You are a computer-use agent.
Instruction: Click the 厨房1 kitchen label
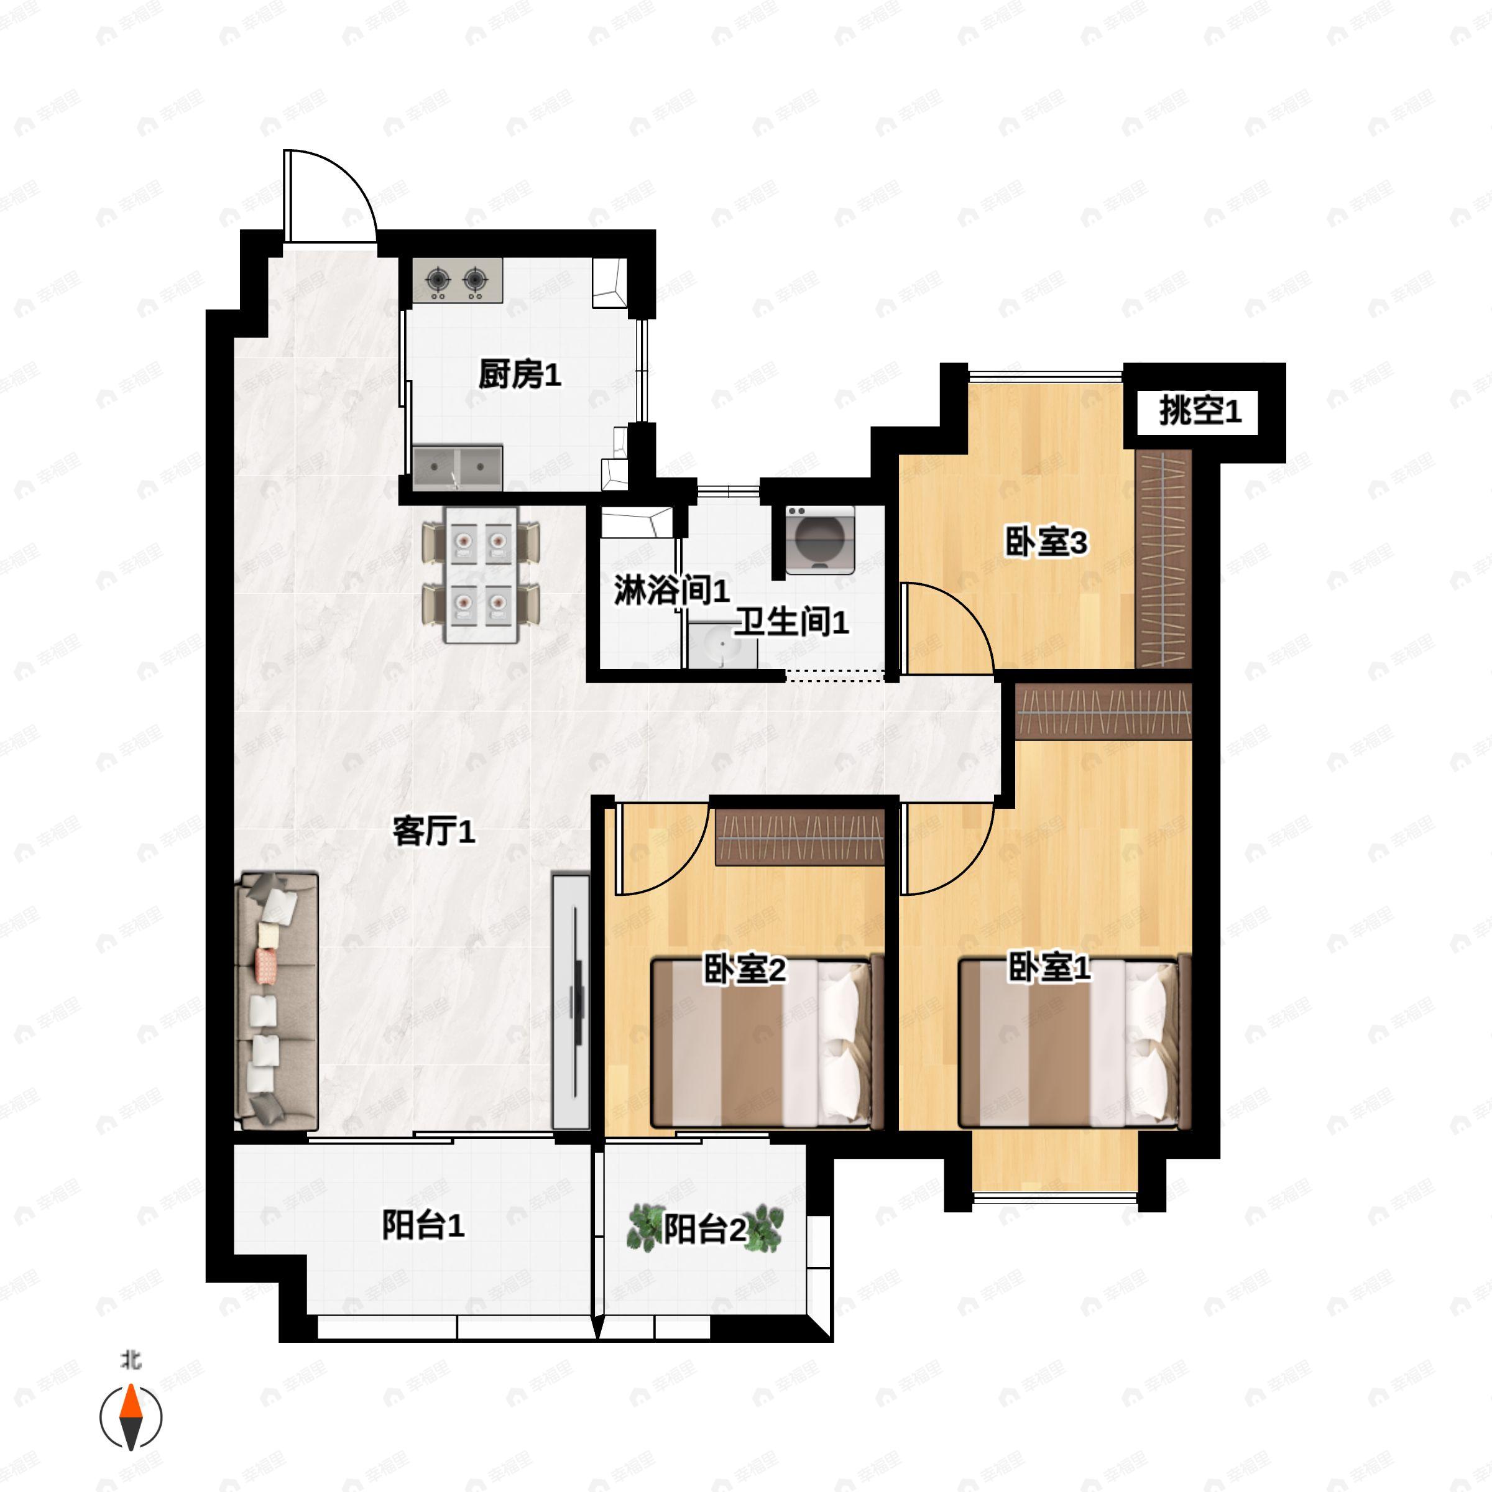(519, 375)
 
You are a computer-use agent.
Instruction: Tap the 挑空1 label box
(1200, 411)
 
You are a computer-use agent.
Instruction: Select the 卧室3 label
(1046, 542)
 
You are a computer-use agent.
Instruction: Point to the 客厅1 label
(434, 832)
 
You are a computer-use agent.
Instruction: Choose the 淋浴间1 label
(672, 591)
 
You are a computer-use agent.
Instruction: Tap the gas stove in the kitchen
(457, 280)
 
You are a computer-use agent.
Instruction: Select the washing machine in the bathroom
(820, 540)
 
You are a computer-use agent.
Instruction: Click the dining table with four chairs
(481, 574)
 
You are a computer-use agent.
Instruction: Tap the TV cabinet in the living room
(571, 1002)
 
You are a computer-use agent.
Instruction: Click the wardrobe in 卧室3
(1164, 559)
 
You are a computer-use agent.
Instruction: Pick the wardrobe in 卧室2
(800, 836)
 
